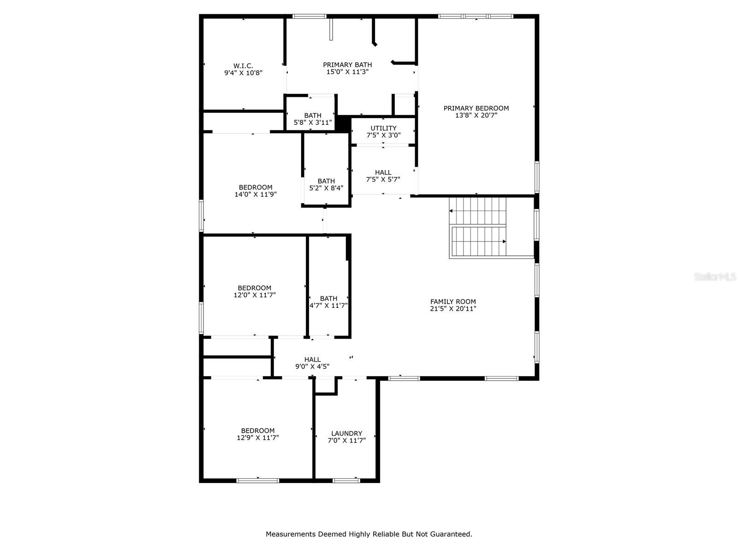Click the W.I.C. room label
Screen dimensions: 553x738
coord(243,66)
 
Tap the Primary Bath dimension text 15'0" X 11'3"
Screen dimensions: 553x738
coord(347,72)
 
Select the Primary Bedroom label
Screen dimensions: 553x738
coord(476,108)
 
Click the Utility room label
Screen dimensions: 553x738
coord(383,128)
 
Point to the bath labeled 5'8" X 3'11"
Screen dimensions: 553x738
coord(313,119)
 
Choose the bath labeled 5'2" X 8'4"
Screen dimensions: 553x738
coord(326,184)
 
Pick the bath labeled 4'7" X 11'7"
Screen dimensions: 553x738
coord(328,302)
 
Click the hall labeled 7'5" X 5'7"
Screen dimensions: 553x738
coord(383,176)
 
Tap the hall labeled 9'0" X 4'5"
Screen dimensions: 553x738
coord(312,363)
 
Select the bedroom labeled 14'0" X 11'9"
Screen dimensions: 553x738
coord(256,191)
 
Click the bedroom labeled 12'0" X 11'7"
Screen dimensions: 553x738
coord(255,291)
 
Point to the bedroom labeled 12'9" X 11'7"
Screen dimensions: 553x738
coord(258,434)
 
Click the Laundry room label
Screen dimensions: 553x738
coord(346,433)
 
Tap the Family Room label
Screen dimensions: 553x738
coord(453,302)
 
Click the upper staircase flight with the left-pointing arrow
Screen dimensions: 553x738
coord(477,211)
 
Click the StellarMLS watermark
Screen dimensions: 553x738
coord(714,276)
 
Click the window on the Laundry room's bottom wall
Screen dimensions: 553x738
coord(346,481)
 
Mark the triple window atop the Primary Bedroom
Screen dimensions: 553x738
coord(476,17)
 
